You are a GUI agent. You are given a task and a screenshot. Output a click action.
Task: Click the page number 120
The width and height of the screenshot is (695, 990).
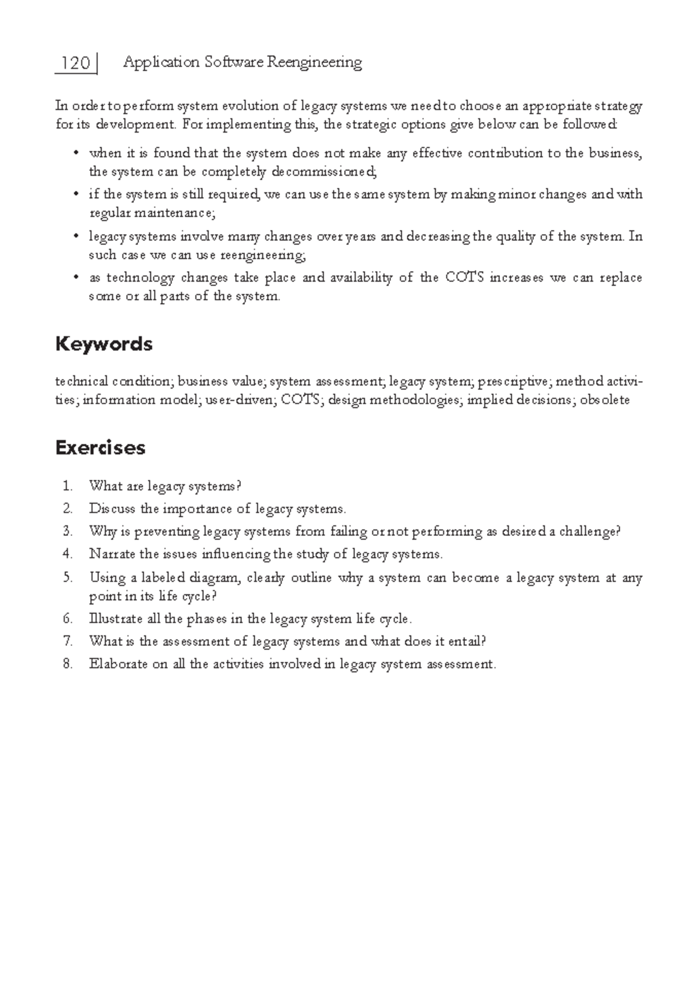click(76, 63)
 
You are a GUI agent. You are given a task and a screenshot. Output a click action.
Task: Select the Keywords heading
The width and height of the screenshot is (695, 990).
click(104, 344)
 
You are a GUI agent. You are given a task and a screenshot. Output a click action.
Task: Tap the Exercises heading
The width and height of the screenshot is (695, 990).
click(100, 448)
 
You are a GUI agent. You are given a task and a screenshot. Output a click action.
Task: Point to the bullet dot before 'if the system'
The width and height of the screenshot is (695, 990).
click(75, 195)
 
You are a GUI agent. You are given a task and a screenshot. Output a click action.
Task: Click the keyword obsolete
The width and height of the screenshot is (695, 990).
click(605, 400)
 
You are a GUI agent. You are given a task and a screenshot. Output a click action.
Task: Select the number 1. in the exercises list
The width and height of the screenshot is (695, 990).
click(68, 486)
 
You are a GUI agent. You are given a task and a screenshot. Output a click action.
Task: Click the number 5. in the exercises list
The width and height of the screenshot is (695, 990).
click(68, 578)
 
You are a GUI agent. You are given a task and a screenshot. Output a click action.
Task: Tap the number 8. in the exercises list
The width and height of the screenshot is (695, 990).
click(68, 664)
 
